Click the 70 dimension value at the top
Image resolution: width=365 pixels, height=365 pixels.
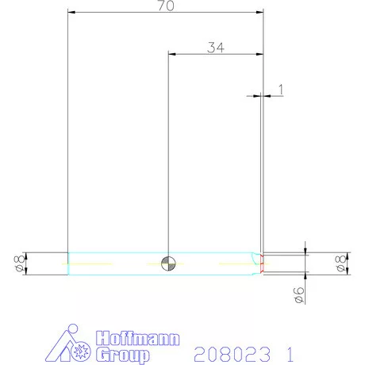coord(165,6)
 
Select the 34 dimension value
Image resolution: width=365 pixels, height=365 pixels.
coord(215,47)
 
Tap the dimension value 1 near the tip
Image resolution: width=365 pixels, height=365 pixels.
coord(280,88)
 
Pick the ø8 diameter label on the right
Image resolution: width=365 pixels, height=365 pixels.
coord(340,263)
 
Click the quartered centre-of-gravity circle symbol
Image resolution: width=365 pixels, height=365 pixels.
coord(168,263)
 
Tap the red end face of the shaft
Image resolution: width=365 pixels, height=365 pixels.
coord(262,263)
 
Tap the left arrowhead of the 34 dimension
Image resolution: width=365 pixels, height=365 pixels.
coord(171,54)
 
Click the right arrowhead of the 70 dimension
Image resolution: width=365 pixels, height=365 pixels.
coord(259,12)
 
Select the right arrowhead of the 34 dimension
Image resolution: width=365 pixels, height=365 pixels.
coord(259,54)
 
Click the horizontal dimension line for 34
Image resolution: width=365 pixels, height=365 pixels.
coord(215,54)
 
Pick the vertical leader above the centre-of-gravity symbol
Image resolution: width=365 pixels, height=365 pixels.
coord(168,159)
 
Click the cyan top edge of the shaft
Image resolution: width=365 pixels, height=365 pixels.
coord(159,252)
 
